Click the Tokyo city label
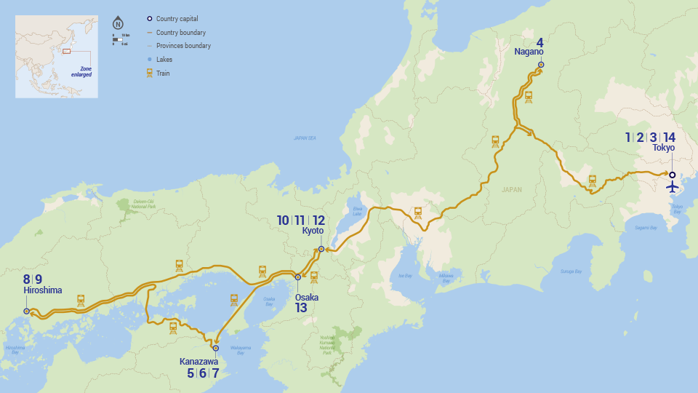663,148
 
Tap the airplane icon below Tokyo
673,188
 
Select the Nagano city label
529,52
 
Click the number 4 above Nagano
540,41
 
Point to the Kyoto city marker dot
321,250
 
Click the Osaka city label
306,297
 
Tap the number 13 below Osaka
301,308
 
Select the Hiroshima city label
43,290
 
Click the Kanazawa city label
199,361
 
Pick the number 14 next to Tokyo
669,137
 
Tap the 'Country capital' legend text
177,19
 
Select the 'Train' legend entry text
164,73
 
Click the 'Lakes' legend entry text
164,59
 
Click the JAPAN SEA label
305,138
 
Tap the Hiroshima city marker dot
27,311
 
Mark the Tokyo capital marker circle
673,175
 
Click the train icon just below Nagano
529,95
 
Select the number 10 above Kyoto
283,220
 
